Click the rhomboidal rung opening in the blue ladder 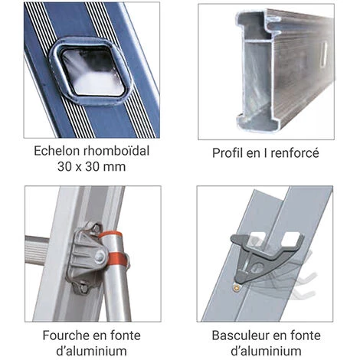coord(91,70)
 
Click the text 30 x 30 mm coord(91,167)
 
